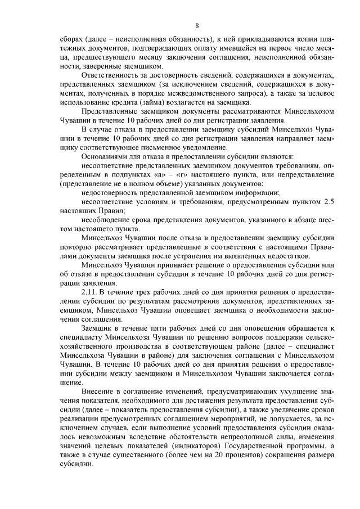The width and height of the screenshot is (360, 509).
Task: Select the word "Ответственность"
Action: pos(111,75)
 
